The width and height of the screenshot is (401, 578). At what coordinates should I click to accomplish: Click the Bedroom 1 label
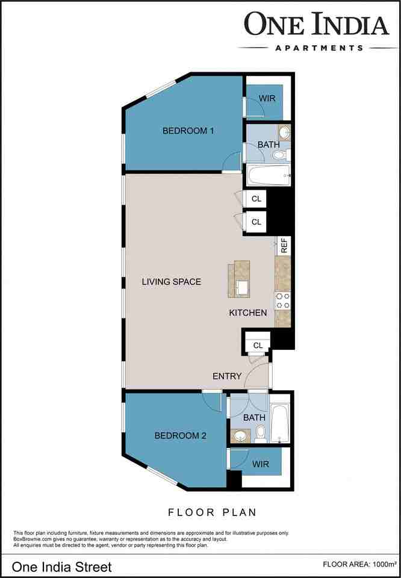[x=188, y=131]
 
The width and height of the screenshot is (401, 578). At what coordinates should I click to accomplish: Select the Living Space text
[x=172, y=282]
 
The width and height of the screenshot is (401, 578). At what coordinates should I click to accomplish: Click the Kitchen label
[x=247, y=313]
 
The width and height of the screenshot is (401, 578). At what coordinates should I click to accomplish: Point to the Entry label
[x=227, y=376]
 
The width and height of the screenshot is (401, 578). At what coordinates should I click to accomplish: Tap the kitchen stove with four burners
[x=283, y=300]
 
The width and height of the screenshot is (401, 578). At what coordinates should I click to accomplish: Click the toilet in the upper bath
[x=279, y=156]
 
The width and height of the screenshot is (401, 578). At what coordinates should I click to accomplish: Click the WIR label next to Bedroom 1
[x=267, y=98]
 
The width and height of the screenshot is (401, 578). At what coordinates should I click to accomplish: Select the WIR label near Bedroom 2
[x=260, y=464]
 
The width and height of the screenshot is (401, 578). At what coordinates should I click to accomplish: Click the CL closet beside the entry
[x=258, y=345]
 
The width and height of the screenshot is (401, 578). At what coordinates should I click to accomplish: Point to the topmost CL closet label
[x=256, y=199]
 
